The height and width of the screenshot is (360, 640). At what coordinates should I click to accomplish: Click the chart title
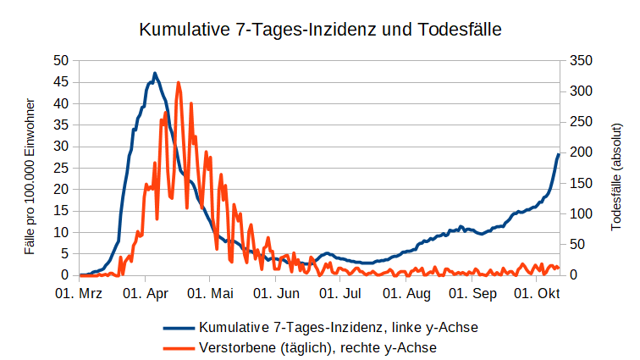click(x=320, y=30)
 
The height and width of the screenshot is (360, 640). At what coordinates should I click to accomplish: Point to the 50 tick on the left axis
click(x=60, y=60)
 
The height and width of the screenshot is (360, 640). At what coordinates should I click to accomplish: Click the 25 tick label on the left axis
click(x=60, y=168)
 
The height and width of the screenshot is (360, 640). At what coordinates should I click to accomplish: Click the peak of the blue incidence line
click(x=155, y=74)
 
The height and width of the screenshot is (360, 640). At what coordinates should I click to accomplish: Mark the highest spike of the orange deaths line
click(x=178, y=83)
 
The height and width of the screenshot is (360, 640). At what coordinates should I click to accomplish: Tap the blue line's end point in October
click(x=559, y=154)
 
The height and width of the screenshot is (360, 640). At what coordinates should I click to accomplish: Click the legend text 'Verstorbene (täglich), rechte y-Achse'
click(x=318, y=346)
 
